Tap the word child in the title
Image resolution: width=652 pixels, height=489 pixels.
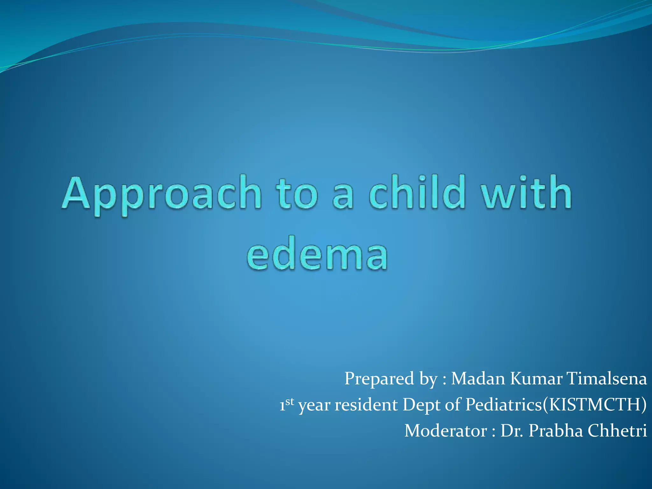[x=417, y=193]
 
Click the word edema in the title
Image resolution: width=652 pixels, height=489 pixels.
[x=317, y=255]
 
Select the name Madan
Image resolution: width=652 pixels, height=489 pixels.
[x=478, y=379]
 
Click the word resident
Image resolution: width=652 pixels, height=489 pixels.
[x=366, y=405]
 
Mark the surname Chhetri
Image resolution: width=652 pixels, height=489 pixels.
[x=617, y=431]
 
